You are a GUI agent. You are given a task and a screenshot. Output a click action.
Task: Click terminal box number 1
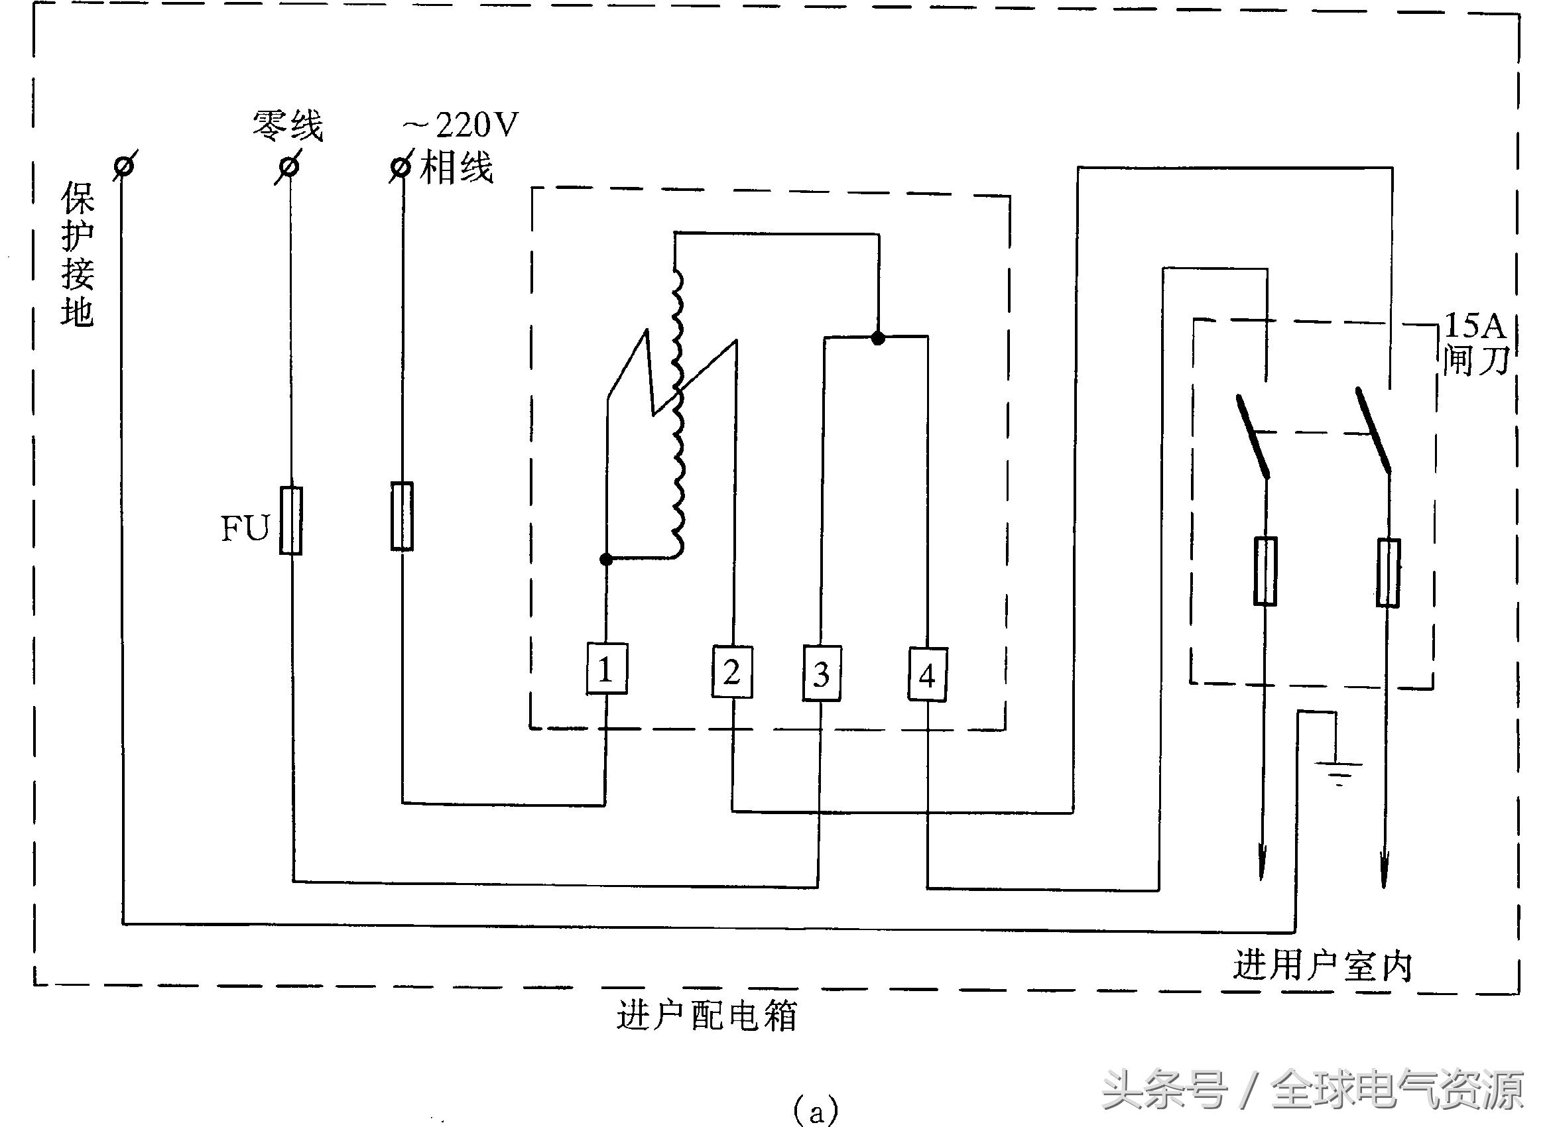click(x=607, y=668)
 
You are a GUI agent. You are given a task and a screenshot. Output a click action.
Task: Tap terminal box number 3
click(x=822, y=674)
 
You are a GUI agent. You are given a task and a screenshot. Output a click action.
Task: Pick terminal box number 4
click(x=927, y=675)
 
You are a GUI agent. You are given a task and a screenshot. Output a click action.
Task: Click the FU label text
click(x=245, y=528)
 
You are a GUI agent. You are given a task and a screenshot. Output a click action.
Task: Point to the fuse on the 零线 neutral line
click(x=291, y=520)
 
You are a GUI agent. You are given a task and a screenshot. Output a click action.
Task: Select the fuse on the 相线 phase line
click(x=402, y=516)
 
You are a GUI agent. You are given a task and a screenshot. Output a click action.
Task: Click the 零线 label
click(x=288, y=126)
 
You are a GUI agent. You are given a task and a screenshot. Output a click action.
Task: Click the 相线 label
click(x=456, y=168)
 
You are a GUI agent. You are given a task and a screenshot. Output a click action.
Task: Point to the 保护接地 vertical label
click(x=78, y=255)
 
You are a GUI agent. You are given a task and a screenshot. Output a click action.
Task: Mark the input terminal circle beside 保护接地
click(x=125, y=166)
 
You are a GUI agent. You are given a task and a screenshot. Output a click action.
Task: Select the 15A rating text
click(x=1473, y=326)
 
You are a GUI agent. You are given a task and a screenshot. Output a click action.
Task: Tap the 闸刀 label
click(x=1476, y=360)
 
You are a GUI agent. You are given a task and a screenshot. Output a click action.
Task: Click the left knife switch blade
click(x=1253, y=436)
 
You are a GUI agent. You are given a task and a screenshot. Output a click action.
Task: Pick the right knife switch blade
click(x=1373, y=431)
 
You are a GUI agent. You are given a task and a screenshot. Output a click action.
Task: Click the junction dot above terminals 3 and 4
click(x=879, y=338)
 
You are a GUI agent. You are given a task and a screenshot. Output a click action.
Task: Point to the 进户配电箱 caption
click(x=706, y=1016)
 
